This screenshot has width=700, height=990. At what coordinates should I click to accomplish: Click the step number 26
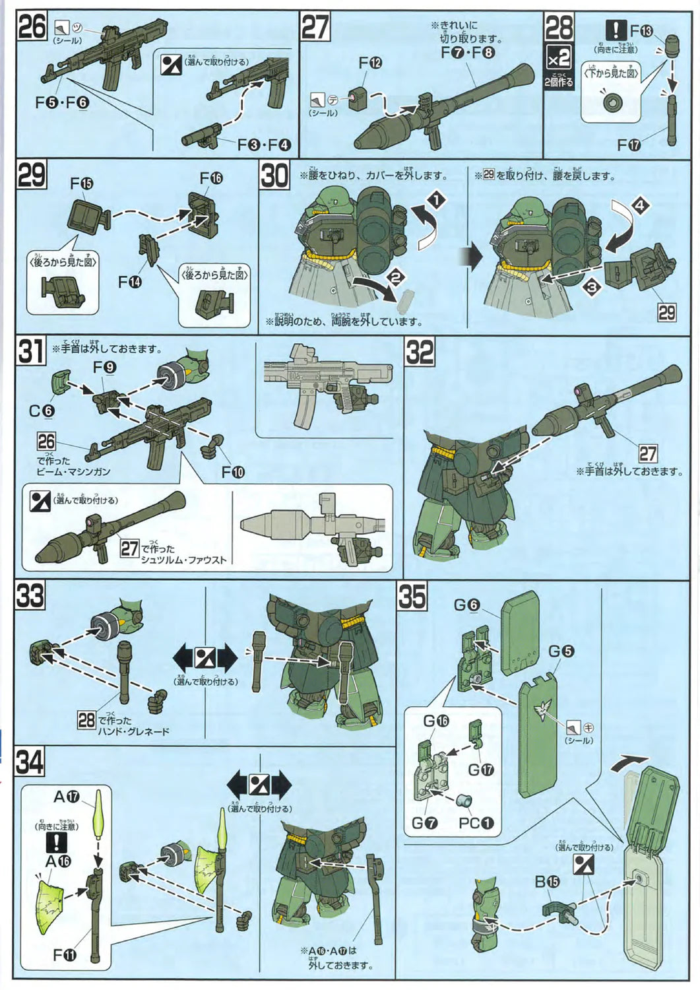[32, 27]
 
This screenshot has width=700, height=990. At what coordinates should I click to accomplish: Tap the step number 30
[274, 176]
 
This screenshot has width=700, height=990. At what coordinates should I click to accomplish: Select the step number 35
[412, 597]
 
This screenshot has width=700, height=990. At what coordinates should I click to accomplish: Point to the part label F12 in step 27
[370, 63]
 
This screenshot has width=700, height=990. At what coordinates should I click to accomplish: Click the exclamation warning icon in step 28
[616, 30]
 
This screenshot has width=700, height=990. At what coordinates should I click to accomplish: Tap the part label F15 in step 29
[82, 184]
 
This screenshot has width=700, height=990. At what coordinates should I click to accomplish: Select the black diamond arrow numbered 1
[436, 199]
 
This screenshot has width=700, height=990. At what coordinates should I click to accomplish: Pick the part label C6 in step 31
[42, 411]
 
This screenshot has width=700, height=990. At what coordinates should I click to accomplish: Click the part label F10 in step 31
[232, 473]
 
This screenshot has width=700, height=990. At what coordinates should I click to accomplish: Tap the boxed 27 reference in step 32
[648, 453]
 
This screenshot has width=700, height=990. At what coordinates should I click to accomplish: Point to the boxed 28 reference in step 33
[87, 719]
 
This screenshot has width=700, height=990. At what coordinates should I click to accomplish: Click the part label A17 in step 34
[66, 797]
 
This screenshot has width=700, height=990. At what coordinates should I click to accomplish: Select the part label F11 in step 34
[65, 955]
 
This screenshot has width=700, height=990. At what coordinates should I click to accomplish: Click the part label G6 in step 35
[466, 605]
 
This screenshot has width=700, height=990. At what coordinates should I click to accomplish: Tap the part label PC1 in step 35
[476, 823]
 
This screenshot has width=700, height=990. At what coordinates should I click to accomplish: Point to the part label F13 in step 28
[641, 30]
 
